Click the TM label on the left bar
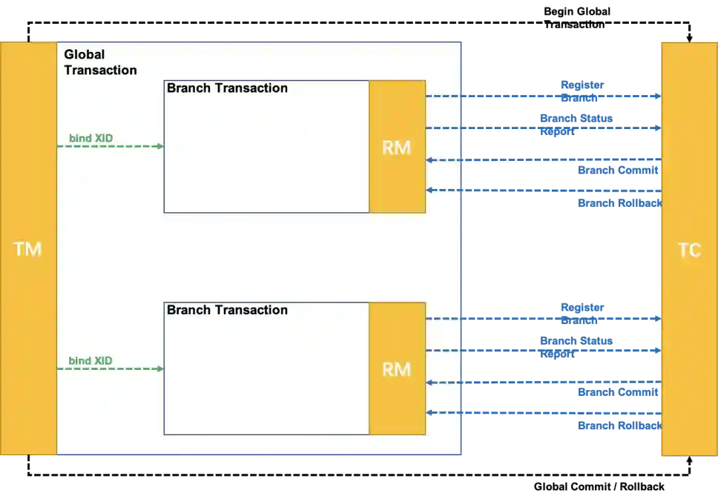click(27, 249)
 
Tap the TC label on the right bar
click(689, 250)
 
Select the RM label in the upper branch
click(396, 148)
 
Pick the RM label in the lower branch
click(396, 369)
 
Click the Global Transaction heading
click(100, 63)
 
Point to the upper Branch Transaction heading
click(227, 88)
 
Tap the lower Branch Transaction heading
click(227, 310)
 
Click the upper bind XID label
click(90, 138)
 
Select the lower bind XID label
click(90, 361)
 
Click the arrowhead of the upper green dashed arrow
click(160, 146)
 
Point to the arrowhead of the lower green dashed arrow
click(160, 369)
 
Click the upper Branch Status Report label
click(576, 125)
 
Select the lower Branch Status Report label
click(576, 347)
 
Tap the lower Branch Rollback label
click(618, 425)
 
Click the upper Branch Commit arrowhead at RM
click(429, 160)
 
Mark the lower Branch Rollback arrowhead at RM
click(429, 413)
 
